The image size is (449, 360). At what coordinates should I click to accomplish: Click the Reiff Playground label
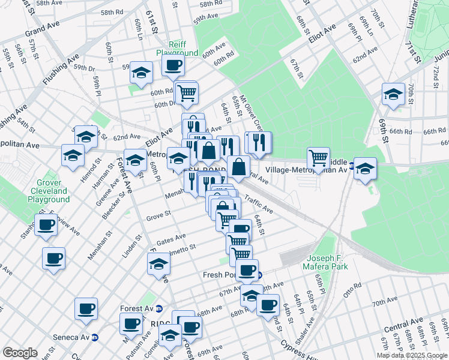177,49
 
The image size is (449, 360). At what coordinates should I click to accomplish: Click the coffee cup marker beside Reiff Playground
173,65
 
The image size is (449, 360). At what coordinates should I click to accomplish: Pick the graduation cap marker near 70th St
393,94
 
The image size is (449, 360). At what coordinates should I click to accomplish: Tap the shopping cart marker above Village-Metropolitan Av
318,158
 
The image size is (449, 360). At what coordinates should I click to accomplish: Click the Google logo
20,353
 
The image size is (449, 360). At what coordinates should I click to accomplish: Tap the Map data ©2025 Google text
411,355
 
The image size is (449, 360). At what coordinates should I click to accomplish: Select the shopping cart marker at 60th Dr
187,92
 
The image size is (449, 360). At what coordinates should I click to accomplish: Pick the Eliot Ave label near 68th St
322,36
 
